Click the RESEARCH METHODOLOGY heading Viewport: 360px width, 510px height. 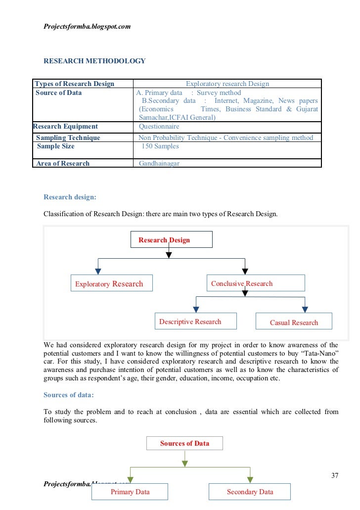94,61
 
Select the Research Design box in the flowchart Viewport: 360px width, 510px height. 171,240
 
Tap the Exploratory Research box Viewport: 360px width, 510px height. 111,283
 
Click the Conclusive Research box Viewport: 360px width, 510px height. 255,283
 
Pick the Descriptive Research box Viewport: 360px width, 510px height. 195,322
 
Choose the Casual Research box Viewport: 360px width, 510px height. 294,322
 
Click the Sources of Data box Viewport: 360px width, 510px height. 184,443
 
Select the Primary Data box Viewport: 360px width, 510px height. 130,492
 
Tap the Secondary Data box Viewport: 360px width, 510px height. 250,492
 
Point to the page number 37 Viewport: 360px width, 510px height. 335,476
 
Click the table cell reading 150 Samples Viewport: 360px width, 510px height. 160,146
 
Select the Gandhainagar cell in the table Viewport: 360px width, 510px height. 159,163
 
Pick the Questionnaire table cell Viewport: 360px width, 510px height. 159,126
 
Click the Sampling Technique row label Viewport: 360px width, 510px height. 68,138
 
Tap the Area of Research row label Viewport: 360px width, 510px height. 63,163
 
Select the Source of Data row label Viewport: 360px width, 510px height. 59,93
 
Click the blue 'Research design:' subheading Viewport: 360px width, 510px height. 70,197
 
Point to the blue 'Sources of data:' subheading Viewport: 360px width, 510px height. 68,395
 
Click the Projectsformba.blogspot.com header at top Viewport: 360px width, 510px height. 87,26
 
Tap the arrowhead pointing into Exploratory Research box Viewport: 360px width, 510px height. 98,271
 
